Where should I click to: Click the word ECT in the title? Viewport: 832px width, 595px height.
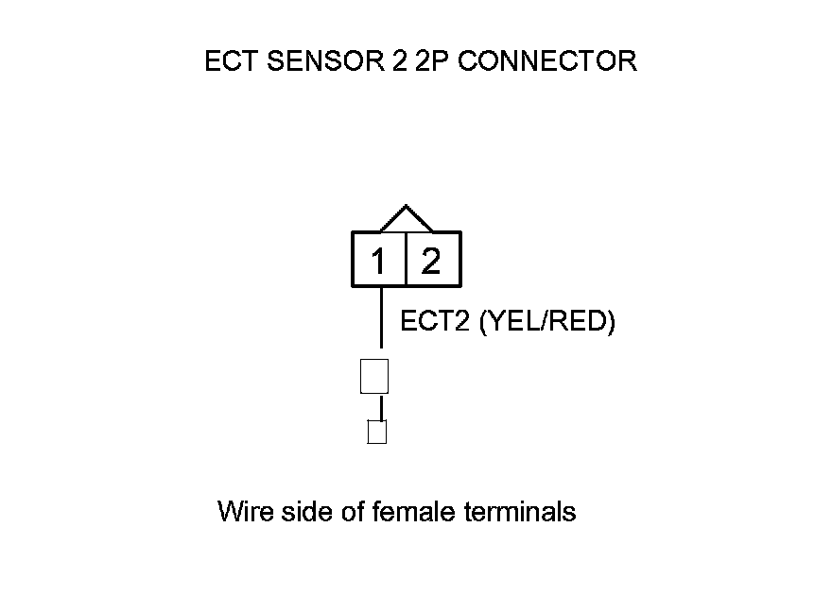click(229, 62)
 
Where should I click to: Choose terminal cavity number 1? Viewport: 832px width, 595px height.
click(379, 261)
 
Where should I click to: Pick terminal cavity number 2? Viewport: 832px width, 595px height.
click(431, 261)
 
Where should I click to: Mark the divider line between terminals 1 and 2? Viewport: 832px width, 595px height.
click(406, 259)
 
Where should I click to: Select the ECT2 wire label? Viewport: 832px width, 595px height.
click(437, 322)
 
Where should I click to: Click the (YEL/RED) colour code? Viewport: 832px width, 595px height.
click(548, 322)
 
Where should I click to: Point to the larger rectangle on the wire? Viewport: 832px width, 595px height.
click(374, 376)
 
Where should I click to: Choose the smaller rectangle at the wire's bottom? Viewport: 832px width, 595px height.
click(376, 433)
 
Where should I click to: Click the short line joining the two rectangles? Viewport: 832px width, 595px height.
click(380, 408)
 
